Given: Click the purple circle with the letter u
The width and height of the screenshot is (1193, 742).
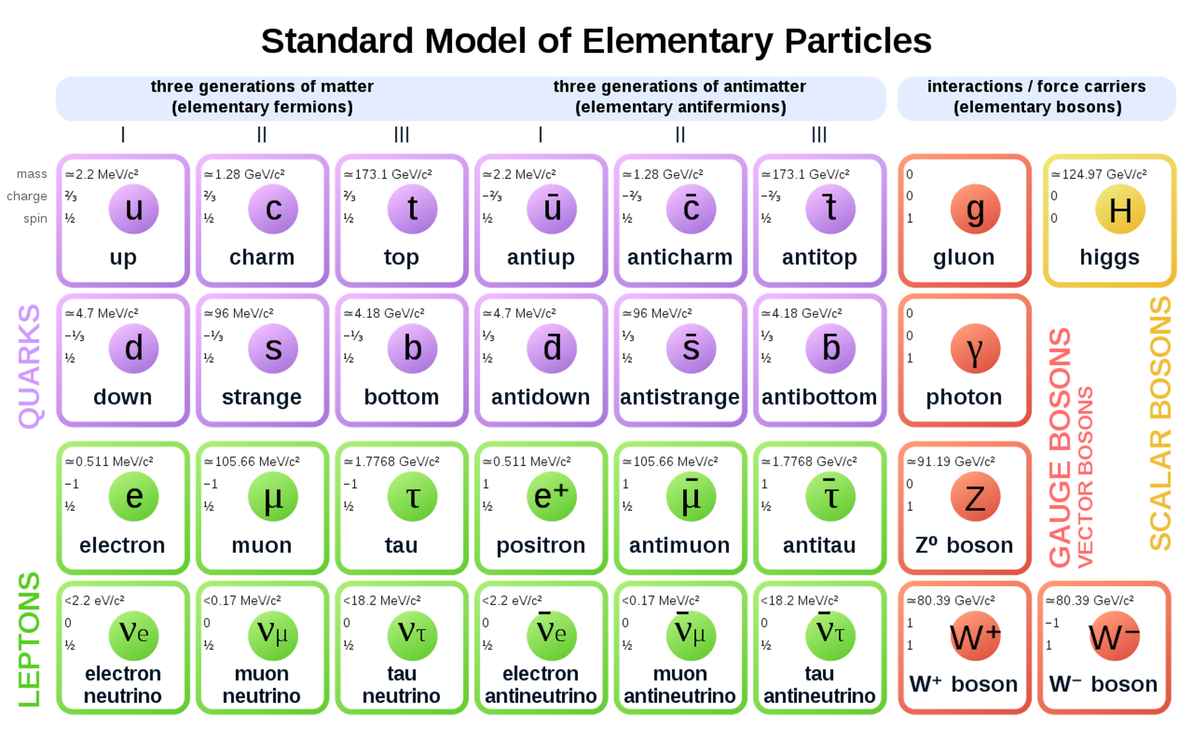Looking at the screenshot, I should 133,209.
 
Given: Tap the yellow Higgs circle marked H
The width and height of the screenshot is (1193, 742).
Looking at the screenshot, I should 1119,210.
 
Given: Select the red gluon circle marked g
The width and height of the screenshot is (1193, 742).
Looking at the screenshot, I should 975,209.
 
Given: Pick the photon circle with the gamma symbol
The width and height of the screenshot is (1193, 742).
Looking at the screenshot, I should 975,349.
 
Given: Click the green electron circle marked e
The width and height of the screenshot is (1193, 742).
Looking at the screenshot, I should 133,497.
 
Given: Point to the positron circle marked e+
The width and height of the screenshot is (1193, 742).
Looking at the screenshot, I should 551,497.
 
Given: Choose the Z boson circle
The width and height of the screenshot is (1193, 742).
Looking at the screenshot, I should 975,497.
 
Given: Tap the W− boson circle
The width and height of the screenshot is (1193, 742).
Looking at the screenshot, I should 1114,637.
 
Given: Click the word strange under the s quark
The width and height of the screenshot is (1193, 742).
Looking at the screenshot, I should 262,397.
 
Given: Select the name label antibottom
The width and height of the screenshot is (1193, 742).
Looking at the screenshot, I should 819,397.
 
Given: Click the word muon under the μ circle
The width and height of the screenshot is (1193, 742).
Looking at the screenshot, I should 262,545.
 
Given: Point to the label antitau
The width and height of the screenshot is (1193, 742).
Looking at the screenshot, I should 819,545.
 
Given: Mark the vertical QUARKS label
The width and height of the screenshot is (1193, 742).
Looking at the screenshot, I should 29,366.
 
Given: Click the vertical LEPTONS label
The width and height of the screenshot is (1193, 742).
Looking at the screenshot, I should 29,640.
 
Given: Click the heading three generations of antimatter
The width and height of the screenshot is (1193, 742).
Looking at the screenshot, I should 680,97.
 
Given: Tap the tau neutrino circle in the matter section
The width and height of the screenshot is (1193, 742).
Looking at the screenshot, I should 412,635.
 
